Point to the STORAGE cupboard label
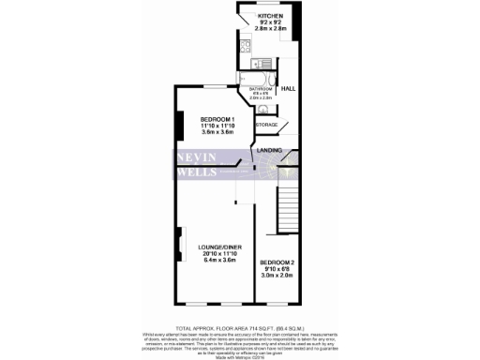tap(267, 125)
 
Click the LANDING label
tap(271, 151)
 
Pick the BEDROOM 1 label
tap(217, 119)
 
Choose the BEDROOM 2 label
tap(277, 262)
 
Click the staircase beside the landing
tap(289, 202)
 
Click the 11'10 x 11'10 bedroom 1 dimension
tap(217, 127)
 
